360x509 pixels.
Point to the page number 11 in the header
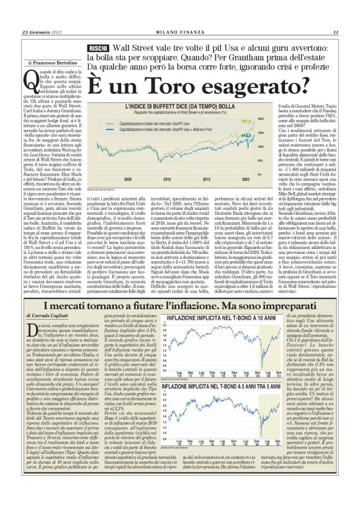click(x=335, y=32)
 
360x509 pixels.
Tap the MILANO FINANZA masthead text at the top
click(x=179, y=32)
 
